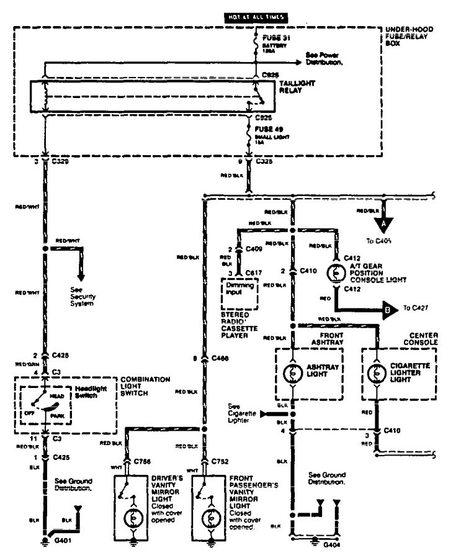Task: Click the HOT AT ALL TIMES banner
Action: coord(256,17)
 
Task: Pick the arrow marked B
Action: coord(387,307)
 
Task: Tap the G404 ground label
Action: coord(333,544)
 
